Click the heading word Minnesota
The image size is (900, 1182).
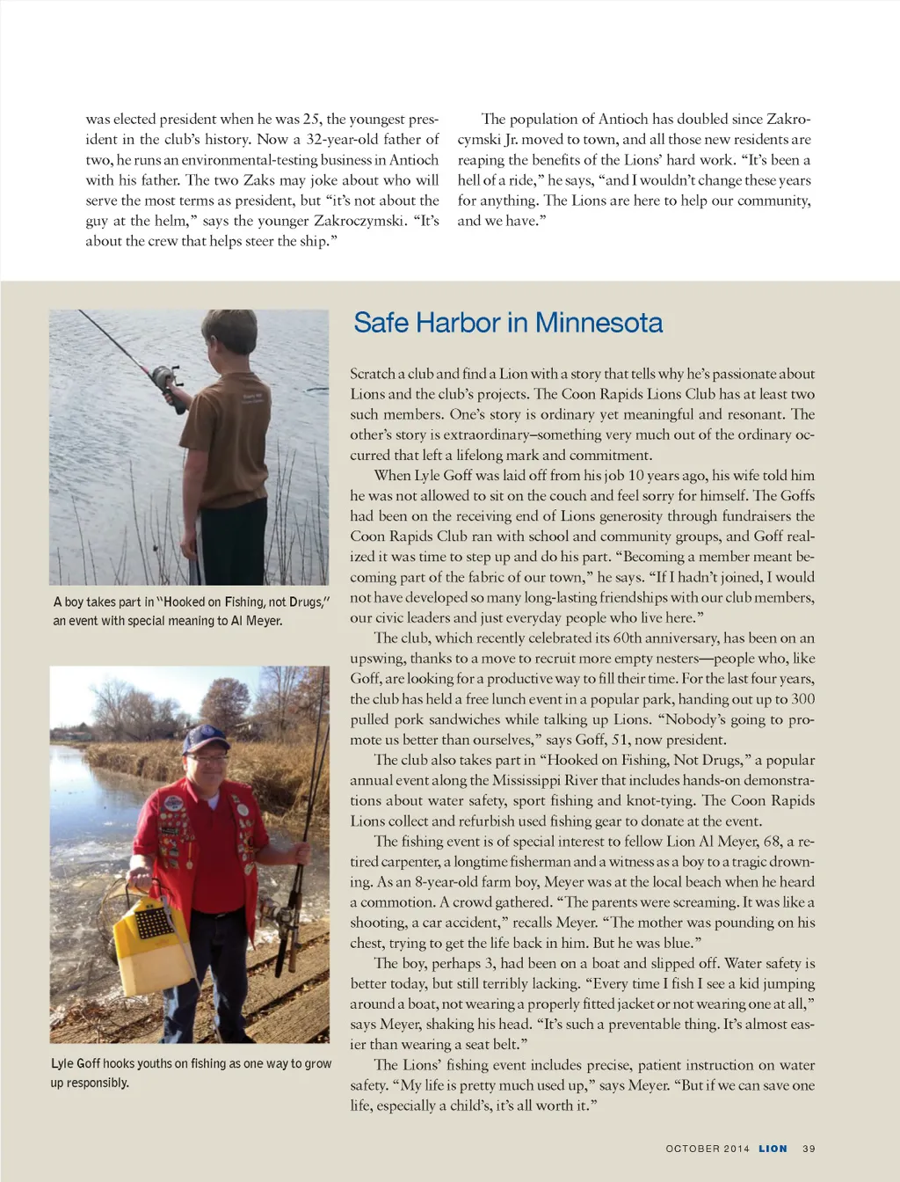tap(599, 323)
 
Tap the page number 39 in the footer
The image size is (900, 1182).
tap(809, 1149)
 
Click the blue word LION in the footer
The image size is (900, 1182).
tap(773, 1149)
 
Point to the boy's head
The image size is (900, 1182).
tap(228, 335)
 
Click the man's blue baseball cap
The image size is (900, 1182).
tap(206, 738)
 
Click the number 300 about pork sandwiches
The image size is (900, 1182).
tap(802, 699)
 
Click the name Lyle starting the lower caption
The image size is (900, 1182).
tap(62, 1064)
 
